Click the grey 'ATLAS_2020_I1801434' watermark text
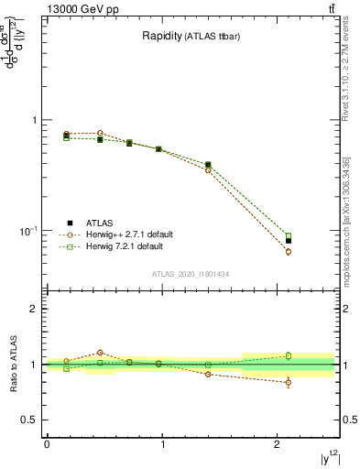[190, 275]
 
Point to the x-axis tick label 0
[47, 443]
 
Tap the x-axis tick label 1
[162, 443]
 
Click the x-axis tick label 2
[278, 443]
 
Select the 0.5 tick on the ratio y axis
[29, 420]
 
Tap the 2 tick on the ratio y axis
[36, 309]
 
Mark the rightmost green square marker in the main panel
[289, 235]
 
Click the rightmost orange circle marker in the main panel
[289, 251]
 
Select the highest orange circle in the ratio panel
[100, 353]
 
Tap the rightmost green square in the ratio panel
[289, 355]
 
